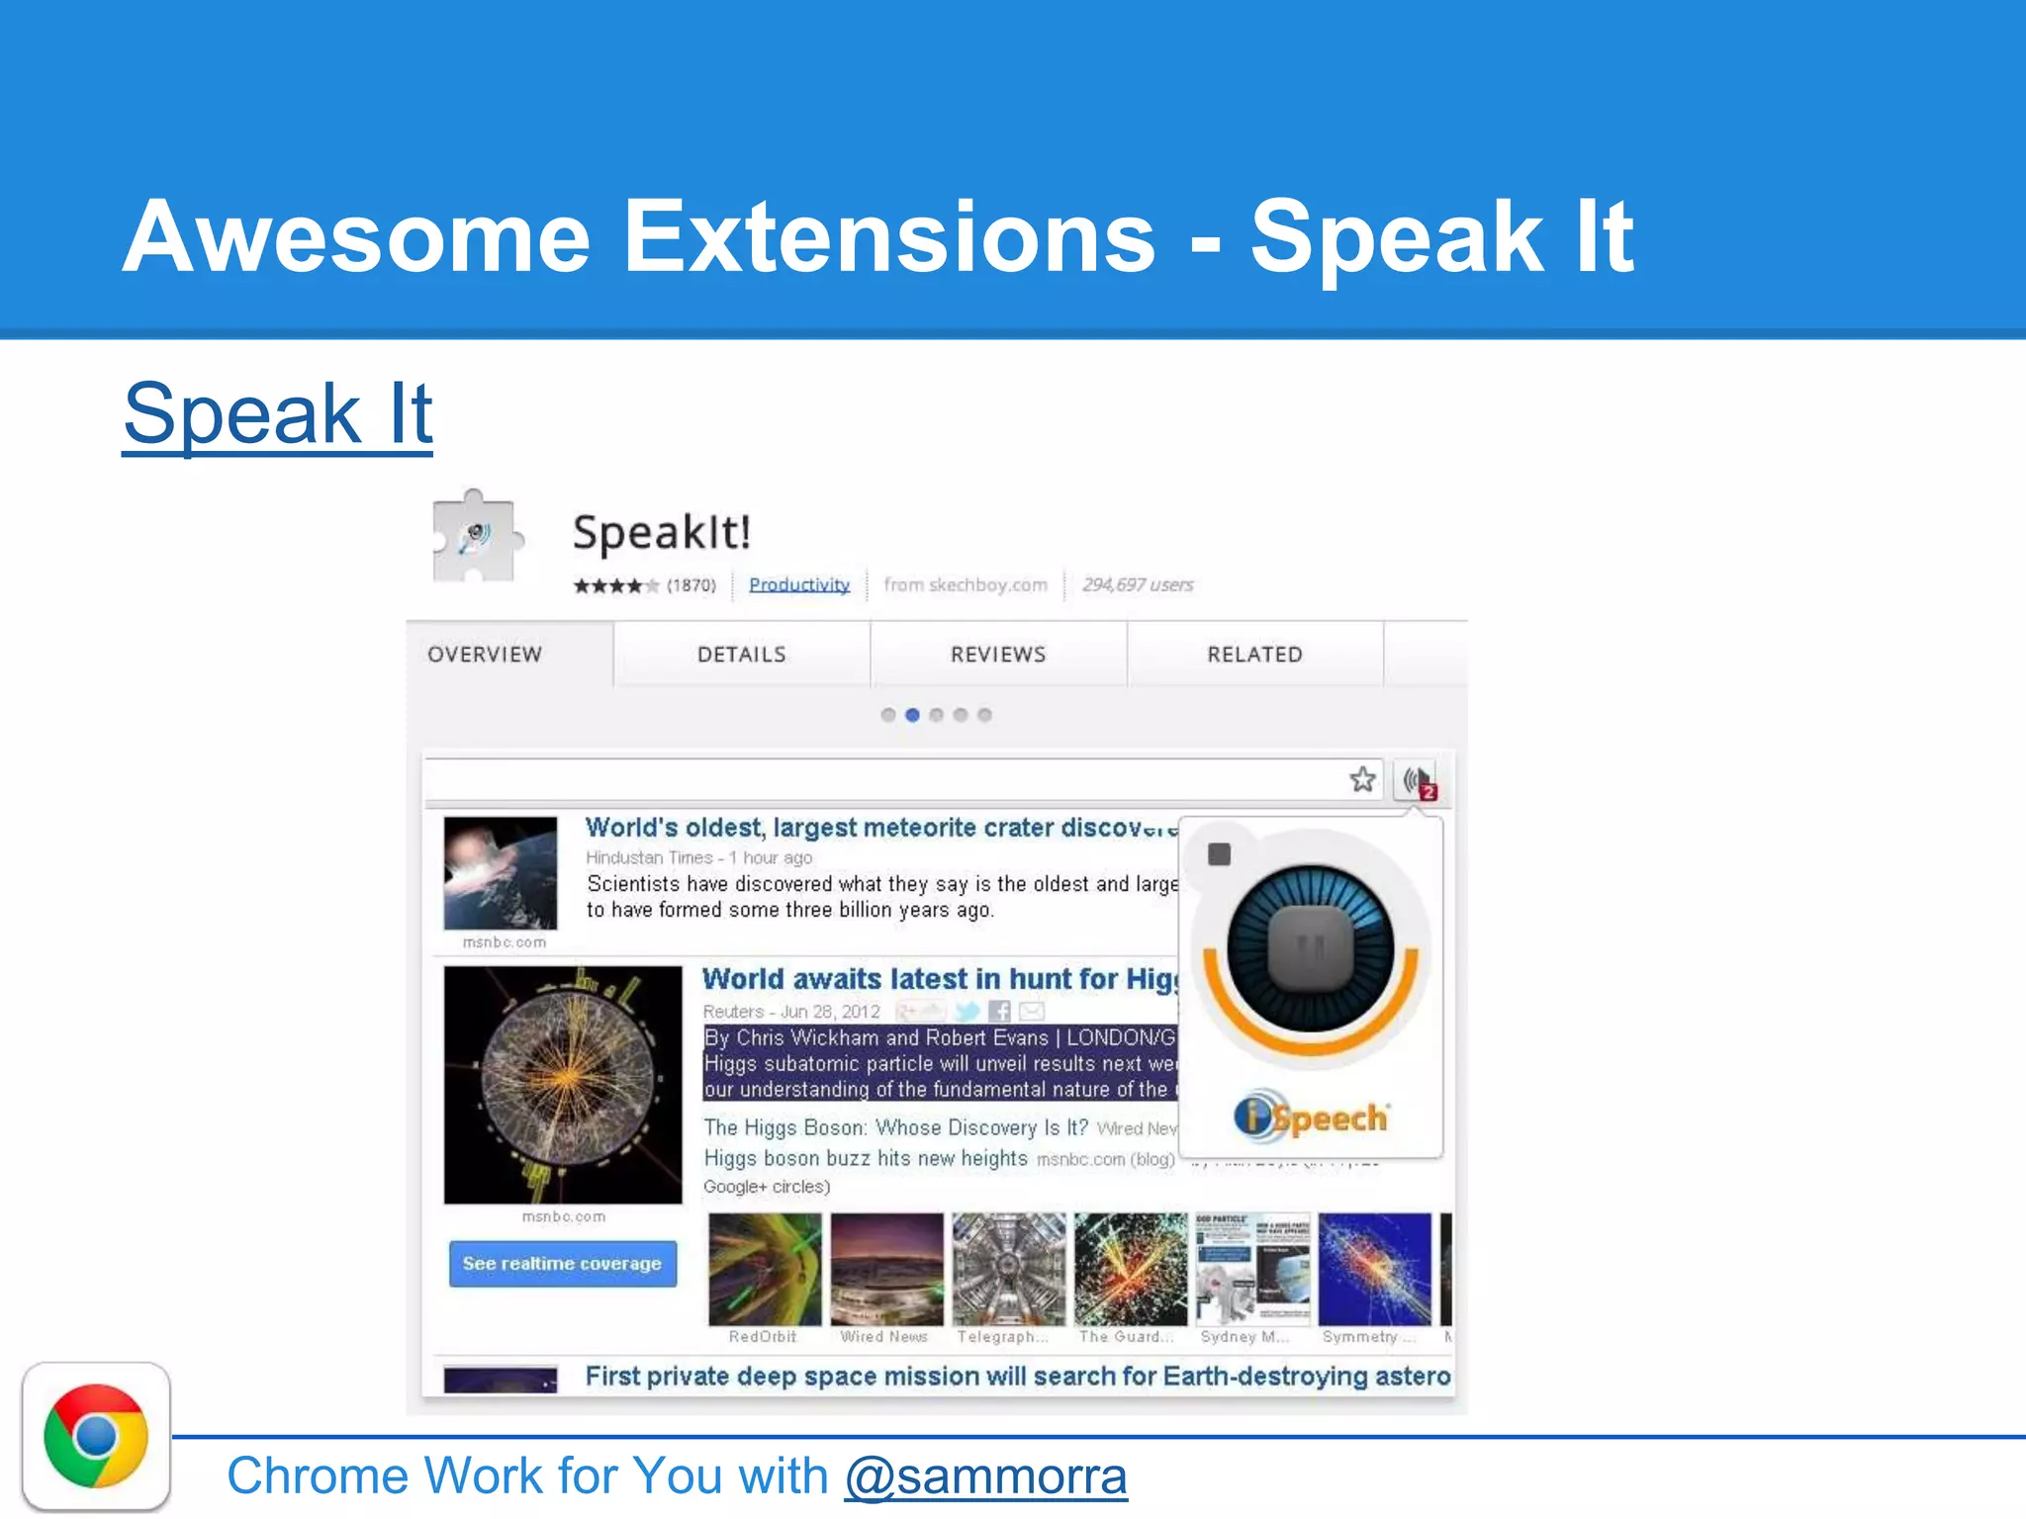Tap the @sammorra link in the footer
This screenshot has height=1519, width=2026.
tap(985, 1476)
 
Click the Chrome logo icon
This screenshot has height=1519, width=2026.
tap(96, 1436)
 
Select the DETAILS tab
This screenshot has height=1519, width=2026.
tap(741, 655)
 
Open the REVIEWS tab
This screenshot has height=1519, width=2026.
tap(997, 655)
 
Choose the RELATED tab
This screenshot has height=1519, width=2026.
tap(1254, 655)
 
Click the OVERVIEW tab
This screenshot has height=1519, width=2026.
tap(485, 655)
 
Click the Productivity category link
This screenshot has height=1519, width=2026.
tap(799, 584)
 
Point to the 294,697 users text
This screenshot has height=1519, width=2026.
tap(1138, 584)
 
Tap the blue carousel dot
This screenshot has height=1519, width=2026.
tap(912, 715)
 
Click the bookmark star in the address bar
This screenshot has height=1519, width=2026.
tap(1362, 779)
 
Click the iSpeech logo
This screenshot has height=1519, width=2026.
tap(1311, 1117)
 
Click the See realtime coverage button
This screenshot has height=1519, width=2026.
tap(562, 1264)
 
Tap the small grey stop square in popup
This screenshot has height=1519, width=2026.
tap(1219, 854)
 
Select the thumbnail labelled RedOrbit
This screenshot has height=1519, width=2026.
tap(764, 1270)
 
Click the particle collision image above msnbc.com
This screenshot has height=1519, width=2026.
tap(563, 1085)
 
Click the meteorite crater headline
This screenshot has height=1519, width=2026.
tap(880, 828)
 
